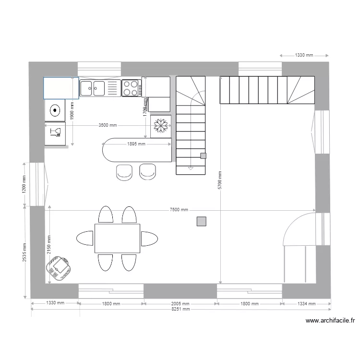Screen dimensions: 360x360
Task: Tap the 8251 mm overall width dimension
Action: click(180, 310)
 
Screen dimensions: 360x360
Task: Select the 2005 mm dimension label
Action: click(180, 304)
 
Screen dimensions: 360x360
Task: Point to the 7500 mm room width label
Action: click(179, 210)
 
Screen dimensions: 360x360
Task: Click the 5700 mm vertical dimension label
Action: click(219, 180)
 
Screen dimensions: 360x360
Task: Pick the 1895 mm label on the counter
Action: click(136, 144)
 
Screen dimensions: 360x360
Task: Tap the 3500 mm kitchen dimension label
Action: click(108, 125)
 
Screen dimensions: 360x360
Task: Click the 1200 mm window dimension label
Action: click(24, 184)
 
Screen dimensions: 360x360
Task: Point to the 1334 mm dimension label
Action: click(306, 304)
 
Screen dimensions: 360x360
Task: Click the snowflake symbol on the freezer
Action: click(161, 126)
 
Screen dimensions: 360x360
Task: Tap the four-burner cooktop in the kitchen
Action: click(131, 88)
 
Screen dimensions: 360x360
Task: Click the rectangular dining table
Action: click(117, 238)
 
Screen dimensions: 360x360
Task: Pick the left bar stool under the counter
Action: click(124, 172)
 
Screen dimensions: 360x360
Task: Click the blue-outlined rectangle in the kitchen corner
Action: click(61, 88)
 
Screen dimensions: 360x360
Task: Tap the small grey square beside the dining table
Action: click(202, 221)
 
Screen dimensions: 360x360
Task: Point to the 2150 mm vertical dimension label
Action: click(49, 246)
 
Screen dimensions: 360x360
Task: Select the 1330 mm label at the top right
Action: click(303, 55)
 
